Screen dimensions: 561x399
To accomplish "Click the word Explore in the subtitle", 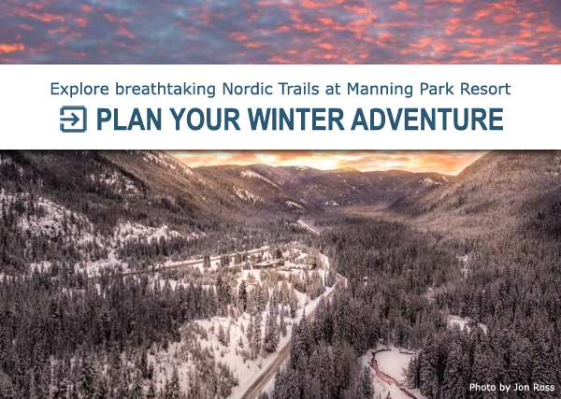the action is click(79, 89).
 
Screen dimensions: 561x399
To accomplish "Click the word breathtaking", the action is click(165, 89).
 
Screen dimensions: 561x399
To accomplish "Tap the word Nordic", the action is click(246, 89).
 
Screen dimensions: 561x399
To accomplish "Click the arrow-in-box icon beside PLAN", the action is click(73, 119).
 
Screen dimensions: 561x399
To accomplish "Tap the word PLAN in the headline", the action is click(129, 119).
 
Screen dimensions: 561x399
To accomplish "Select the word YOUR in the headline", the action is click(205, 119).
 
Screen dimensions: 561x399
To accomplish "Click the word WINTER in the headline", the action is click(295, 119).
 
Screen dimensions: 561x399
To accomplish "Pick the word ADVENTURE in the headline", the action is click(427, 119).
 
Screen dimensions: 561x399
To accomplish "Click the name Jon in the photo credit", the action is click(521, 387).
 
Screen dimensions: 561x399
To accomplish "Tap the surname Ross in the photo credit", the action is click(542, 387).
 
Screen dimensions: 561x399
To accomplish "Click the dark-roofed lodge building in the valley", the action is click(266, 264).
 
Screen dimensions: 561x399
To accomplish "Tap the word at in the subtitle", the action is click(333, 90).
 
